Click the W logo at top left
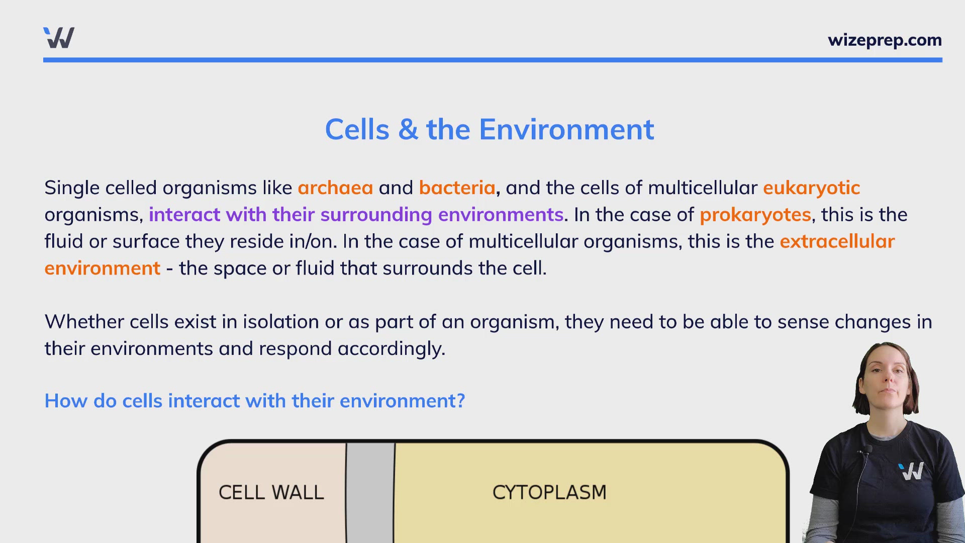coord(59,38)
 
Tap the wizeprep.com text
coord(885,40)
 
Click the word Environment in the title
coord(566,130)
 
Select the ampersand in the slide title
coord(408,130)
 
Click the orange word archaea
coord(335,188)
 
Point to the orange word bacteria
coord(457,188)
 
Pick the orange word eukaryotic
coord(811,188)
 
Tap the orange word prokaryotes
coord(755,215)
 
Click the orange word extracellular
coord(837,242)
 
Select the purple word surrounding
coord(376,215)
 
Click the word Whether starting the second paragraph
coord(84,322)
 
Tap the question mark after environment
coord(460,401)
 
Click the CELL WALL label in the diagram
coord(271,492)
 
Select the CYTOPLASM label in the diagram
coord(549,492)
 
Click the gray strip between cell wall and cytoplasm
coord(370,493)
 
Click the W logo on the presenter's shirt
coord(911,471)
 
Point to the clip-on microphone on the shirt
coord(865,449)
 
